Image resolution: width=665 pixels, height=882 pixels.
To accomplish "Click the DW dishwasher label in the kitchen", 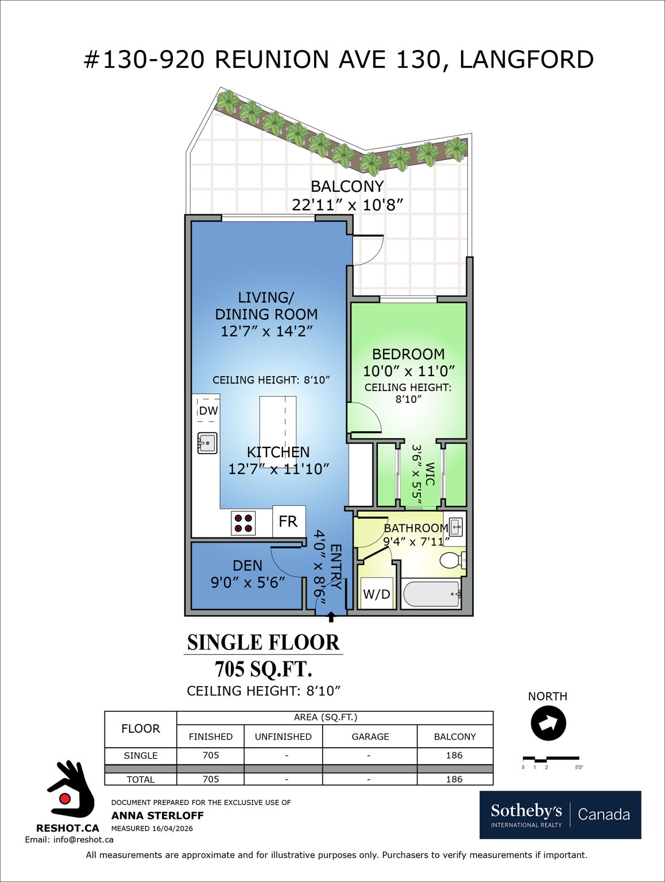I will point(208,411).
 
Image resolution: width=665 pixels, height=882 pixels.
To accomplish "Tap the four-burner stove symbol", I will point(243,523).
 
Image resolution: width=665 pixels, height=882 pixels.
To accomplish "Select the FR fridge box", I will point(288,521).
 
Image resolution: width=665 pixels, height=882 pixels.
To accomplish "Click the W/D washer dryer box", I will point(377,594).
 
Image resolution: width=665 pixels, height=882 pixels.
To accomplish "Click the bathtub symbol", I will point(431,594).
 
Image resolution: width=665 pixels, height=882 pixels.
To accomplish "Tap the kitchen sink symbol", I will point(207,443).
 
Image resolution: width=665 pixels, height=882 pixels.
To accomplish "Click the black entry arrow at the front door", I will point(331,617).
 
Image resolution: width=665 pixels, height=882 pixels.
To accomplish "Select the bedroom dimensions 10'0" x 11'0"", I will point(408,371).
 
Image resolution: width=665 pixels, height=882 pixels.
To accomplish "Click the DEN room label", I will point(248,566).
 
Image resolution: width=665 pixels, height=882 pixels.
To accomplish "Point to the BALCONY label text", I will point(347,187).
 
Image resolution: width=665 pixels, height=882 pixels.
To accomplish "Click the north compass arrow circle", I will point(548,724).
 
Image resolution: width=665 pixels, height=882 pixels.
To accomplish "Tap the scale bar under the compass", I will point(550,759).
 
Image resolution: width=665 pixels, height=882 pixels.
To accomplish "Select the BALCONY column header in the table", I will point(455,737).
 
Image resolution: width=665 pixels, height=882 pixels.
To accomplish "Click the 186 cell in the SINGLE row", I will point(454,756).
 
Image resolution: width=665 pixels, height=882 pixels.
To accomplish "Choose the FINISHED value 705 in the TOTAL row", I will point(211,779).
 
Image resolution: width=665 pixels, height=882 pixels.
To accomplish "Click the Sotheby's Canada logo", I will point(560,814).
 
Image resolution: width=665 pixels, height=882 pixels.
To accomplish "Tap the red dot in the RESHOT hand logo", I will point(65,799).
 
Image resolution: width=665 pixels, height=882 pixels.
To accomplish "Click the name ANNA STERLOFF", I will point(157,815).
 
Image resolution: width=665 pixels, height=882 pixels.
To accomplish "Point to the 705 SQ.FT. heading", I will point(263,669).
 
